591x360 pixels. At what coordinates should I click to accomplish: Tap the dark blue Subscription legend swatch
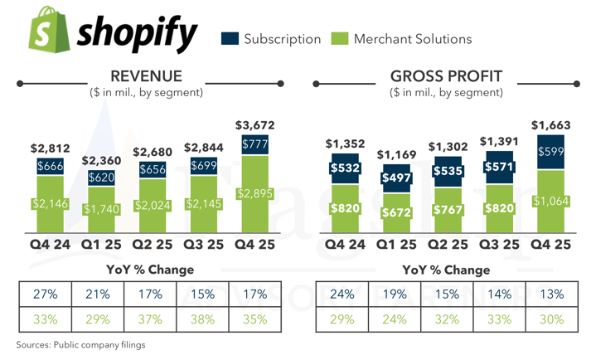pos(230,39)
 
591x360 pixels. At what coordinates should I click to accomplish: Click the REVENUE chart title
pos(146,77)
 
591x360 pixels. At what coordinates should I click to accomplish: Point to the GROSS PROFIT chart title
pos(445,77)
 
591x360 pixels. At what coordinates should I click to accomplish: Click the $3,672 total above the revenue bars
pos(254,125)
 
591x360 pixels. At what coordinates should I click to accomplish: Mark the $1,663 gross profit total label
pos(551,125)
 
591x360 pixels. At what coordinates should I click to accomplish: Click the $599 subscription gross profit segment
pos(551,153)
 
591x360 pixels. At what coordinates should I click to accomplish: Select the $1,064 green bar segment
pos(551,202)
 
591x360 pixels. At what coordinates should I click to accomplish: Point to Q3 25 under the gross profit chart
pos(501,245)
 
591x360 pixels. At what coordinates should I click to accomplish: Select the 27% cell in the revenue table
pos(46,294)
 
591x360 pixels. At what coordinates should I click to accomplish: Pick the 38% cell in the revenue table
pos(202,319)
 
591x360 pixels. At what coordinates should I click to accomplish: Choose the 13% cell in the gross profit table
pos(551,294)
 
